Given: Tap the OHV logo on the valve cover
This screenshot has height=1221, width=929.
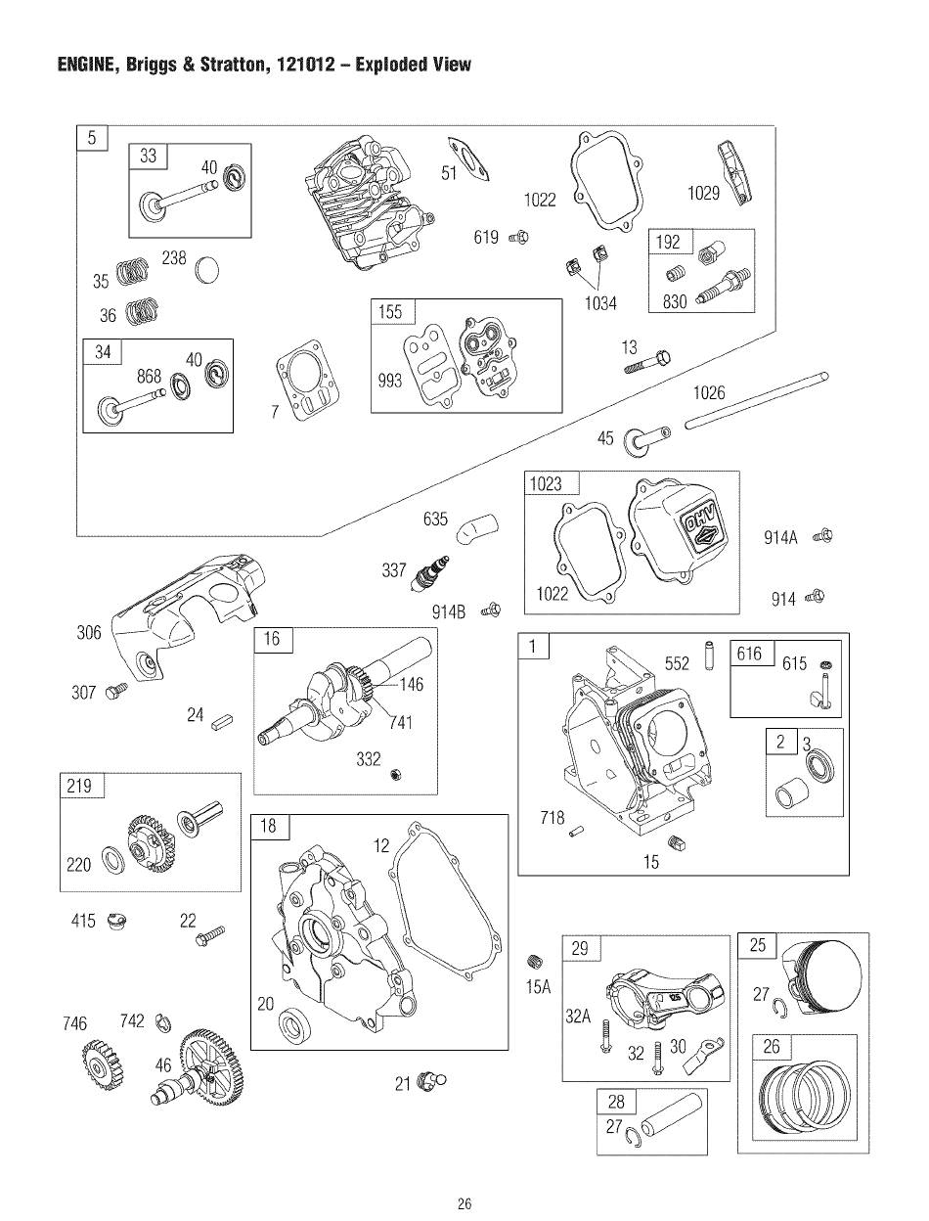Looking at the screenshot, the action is click(x=702, y=526).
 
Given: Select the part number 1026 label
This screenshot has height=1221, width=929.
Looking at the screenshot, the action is click(x=709, y=392).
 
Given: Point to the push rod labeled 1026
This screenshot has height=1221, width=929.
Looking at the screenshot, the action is click(x=757, y=400).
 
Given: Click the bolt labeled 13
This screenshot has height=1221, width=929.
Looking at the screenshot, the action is click(x=647, y=362).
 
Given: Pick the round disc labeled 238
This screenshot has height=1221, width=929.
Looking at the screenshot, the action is click(x=207, y=270).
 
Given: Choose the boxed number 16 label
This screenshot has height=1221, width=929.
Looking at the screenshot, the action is click(x=272, y=639).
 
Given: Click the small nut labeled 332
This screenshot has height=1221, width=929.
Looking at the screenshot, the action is click(x=396, y=774).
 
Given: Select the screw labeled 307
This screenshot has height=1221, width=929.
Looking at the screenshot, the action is click(x=115, y=692).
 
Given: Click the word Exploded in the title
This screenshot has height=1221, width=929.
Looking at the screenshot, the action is click(x=394, y=65).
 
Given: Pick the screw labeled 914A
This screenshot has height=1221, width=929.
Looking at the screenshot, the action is click(x=822, y=536).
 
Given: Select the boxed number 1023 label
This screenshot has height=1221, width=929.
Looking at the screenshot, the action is click(x=547, y=483).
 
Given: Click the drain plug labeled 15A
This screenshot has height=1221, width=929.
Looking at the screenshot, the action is click(x=535, y=960).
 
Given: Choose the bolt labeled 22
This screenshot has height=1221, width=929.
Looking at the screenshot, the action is click(x=210, y=935).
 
